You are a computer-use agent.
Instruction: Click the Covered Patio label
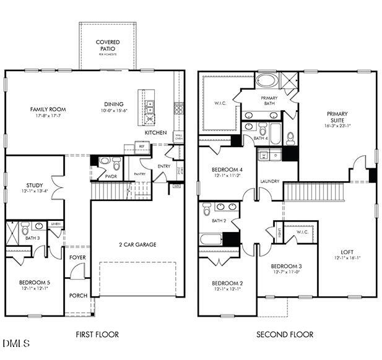[108, 46]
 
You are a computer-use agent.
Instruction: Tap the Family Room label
[48, 109]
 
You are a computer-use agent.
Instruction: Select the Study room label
[34, 185]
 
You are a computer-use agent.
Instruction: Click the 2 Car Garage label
[137, 244]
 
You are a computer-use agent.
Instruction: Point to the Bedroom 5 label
[34, 282]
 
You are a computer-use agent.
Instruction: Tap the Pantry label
[140, 174]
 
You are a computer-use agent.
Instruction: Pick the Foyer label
[77, 257]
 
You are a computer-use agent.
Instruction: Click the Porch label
[78, 296]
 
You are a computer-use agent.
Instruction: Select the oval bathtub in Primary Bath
[267, 80]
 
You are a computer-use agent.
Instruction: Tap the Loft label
[347, 252]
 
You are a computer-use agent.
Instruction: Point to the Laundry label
[269, 181]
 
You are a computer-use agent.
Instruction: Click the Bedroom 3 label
[285, 266]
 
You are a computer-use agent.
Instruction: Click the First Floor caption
[97, 335]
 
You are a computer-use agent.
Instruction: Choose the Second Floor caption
[285, 335]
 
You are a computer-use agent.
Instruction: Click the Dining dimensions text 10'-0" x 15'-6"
[113, 111]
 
